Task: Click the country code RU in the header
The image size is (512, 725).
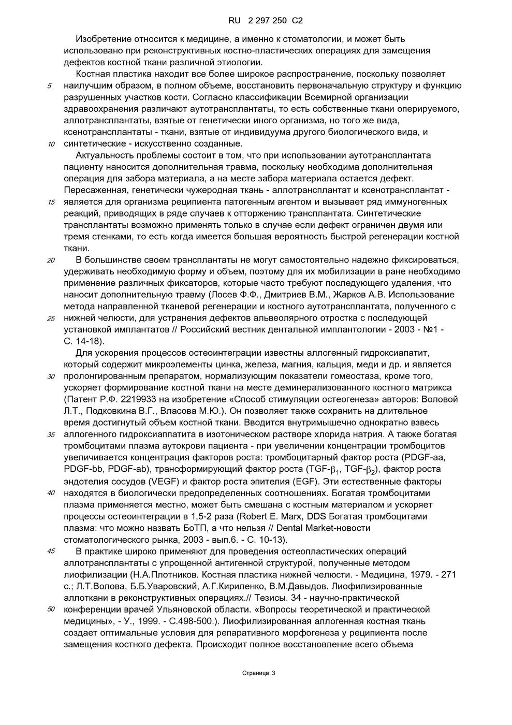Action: coord(234,21)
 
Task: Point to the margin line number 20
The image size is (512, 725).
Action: coord(51,260)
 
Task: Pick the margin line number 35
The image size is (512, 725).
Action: coord(51,434)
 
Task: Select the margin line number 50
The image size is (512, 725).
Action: coord(51,609)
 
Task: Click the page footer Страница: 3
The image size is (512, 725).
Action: coord(259,673)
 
